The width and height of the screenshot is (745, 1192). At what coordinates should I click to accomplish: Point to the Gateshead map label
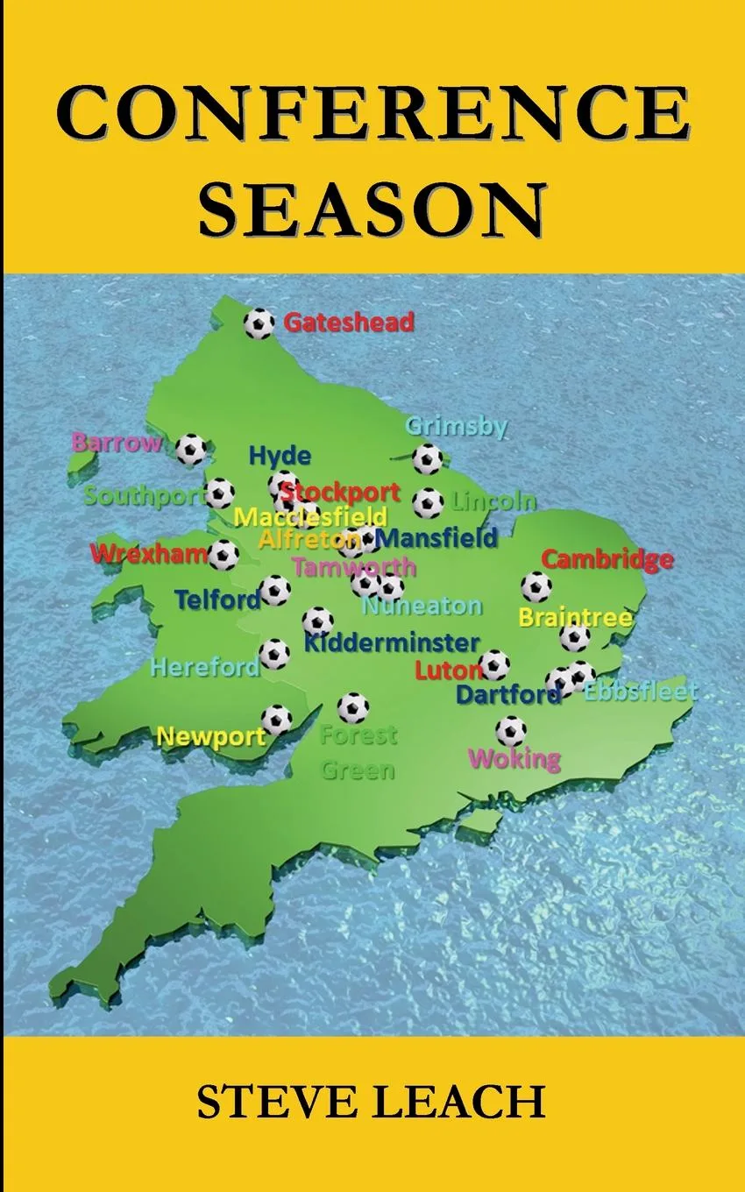[349, 323]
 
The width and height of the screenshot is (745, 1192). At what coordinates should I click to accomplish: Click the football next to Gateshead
[259, 323]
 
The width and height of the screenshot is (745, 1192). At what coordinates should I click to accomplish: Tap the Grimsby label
[456, 427]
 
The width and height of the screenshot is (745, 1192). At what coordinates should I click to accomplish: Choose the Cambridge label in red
[607, 559]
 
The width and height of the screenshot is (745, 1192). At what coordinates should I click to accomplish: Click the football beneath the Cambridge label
[536, 586]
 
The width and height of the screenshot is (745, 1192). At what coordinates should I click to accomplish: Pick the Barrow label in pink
[117, 443]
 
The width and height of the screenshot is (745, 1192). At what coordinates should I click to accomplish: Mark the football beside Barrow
[191, 450]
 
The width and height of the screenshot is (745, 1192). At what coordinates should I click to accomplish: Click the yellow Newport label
[210, 737]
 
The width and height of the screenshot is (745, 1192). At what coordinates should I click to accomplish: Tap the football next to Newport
[276, 720]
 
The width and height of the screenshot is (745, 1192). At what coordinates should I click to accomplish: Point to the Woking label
[514, 758]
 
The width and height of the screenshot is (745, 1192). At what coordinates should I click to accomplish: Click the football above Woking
[511, 729]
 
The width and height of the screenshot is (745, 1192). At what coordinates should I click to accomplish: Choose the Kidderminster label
[392, 643]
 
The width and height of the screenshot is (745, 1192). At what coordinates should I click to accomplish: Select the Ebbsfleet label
[641, 692]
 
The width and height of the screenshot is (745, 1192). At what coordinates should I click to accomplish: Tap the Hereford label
[205, 668]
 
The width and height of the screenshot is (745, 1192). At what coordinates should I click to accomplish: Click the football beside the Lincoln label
[428, 503]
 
